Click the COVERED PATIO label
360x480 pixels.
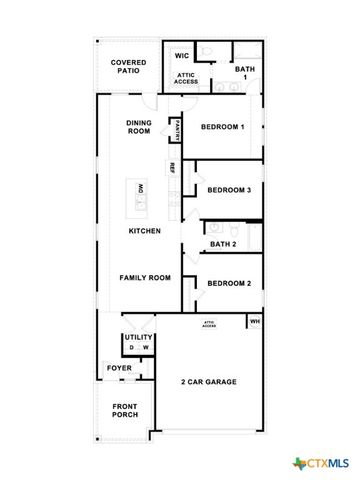[x=129, y=67]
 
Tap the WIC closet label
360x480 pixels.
[x=182, y=56]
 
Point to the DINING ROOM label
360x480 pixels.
[x=138, y=127]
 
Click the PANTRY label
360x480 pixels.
[x=177, y=128]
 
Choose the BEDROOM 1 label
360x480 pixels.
[x=221, y=127]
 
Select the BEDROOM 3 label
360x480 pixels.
[x=228, y=189]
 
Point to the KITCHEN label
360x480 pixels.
[x=145, y=231]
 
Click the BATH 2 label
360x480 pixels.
[x=223, y=244]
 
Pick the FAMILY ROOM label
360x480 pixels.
[x=145, y=277]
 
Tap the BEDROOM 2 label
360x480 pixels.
[x=228, y=283]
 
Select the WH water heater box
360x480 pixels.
[x=254, y=321]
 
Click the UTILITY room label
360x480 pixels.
[x=138, y=338]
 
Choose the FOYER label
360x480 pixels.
[x=119, y=368]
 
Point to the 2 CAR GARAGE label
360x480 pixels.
[x=208, y=382]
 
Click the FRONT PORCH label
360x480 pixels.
[x=126, y=411]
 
